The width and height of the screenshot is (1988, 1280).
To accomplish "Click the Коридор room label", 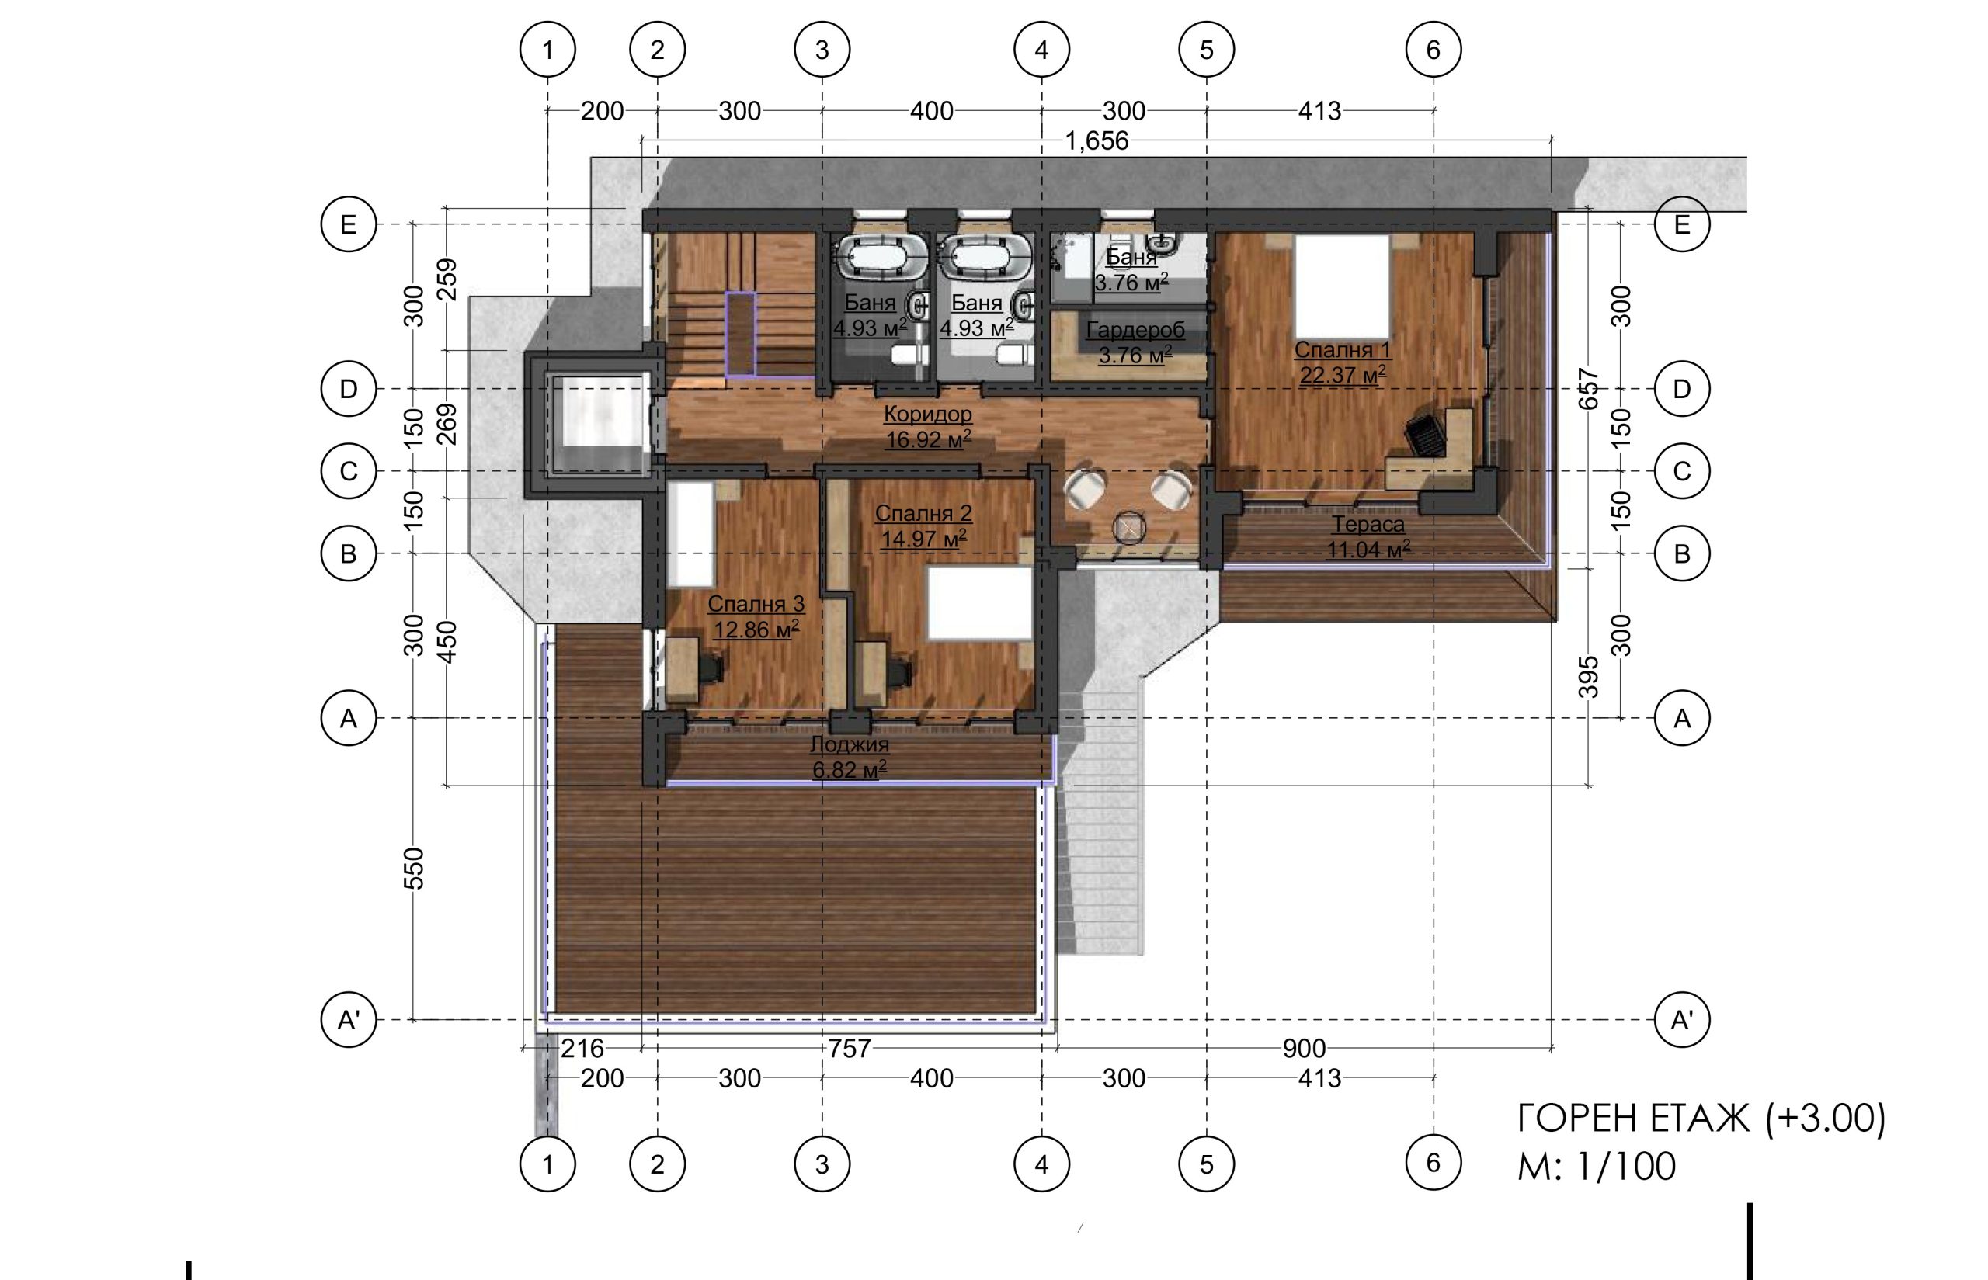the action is pyautogui.click(x=927, y=413).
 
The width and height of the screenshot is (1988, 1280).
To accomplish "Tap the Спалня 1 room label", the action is pyautogui.click(x=1342, y=349).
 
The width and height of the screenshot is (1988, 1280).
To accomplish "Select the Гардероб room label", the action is pyautogui.click(x=1135, y=330).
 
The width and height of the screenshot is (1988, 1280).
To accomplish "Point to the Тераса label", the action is pyautogui.click(x=1368, y=525).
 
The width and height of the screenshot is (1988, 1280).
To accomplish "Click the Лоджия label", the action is pyautogui.click(x=849, y=744).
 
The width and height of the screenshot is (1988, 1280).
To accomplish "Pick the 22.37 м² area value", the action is pyautogui.click(x=1342, y=375).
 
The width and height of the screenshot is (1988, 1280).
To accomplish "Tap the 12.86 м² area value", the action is pyautogui.click(x=756, y=630).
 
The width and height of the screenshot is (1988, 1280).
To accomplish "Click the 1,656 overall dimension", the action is pyautogui.click(x=1097, y=140).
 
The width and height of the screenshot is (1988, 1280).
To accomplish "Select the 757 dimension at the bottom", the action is pyautogui.click(x=849, y=1049).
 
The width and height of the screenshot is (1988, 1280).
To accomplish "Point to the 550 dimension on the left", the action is pyautogui.click(x=413, y=869).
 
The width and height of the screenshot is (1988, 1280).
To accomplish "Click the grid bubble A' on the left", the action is pyautogui.click(x=349, y=1019).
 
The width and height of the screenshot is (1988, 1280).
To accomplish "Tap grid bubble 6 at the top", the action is pyautogui.click(x=1433, y=50).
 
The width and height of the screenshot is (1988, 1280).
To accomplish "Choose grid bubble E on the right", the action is pyautogui.click(x=1681, y=224).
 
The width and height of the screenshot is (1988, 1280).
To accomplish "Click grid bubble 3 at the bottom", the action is pyautogui.click(x=822, y=1164).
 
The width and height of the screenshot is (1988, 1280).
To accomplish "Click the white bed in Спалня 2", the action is pyautogui.click(x=979, y=603).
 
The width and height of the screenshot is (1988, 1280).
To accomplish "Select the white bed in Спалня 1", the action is pyautogui.click(x=1342, y=284).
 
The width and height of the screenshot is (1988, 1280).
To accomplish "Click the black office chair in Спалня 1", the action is pyautogui.click(x=1424, y=435).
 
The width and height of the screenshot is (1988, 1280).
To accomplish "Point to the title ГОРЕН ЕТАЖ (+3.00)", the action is pyautogui.click(x=1701, y=1119).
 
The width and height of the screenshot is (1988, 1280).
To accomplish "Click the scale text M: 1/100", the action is pyautogui.click(x=1597, y=1166).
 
